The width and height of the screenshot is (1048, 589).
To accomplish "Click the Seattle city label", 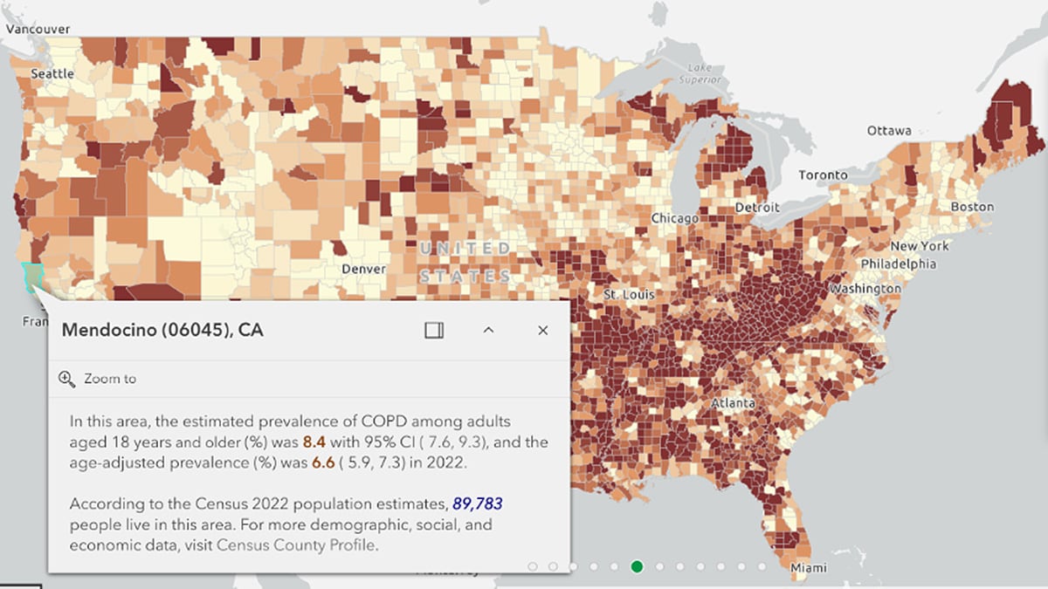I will point(52,73).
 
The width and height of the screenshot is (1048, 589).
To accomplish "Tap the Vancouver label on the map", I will point(37,28).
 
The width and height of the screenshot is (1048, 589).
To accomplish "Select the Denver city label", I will point(363,269).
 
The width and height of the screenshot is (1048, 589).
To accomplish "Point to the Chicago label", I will point(674,218).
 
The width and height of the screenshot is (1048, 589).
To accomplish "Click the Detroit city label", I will point(757,208).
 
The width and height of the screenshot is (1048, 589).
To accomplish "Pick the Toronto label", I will point(823,175).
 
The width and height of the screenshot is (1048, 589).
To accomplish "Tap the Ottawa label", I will point(889,131).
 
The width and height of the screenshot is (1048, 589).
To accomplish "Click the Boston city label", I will point(972,207).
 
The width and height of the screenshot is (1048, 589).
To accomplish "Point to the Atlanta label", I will point(734,404).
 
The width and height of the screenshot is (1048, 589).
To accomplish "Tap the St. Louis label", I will point(628,295).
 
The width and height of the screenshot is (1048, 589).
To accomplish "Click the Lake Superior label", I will point(705,73).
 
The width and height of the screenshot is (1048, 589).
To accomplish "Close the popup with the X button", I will point(543,330).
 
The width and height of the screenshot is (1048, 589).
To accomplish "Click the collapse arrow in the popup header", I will point(489,330).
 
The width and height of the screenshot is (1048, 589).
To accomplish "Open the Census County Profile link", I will point(297,545).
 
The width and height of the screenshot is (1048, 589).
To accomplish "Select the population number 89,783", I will point(478,504).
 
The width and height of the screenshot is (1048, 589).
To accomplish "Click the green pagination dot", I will point(638,567).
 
